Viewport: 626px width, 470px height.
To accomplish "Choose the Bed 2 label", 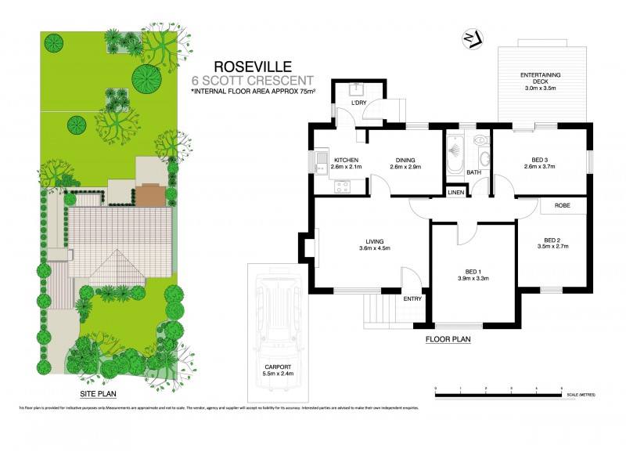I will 556,243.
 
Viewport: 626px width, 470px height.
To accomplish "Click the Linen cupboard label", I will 455,193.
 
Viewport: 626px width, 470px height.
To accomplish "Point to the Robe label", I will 562,205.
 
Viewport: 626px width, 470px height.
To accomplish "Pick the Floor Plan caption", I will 448,339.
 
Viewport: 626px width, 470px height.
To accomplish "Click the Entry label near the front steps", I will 412,298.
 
